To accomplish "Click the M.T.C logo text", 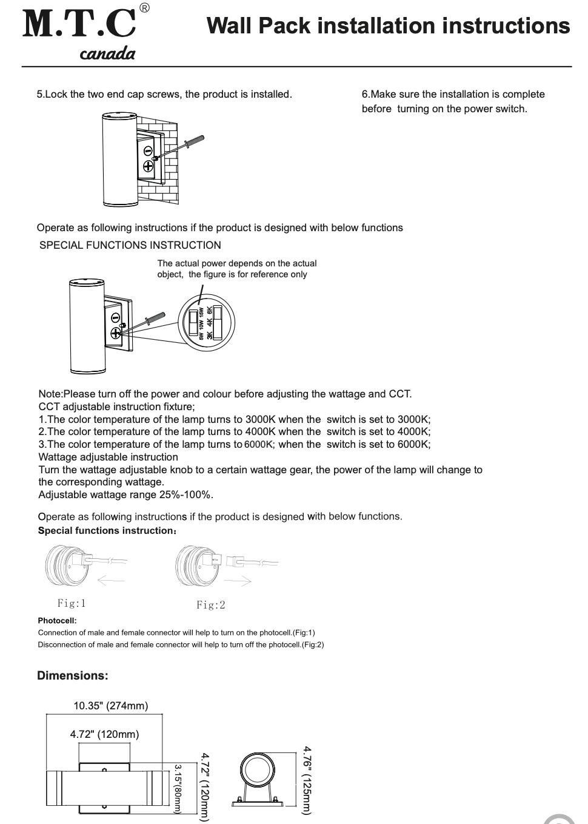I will [x=79, y=24].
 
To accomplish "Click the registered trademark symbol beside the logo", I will [x=144, y=8].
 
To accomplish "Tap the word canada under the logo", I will [x=107, y=54].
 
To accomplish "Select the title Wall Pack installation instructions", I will [x=388, y=26].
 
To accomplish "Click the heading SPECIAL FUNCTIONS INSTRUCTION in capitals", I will [x=130, y=245].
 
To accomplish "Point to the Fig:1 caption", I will [x=72, y=603].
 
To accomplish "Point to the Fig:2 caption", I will [x=211, y=605].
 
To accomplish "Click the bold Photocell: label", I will [x=57, y=621].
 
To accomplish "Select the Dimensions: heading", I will [x=73, y=675].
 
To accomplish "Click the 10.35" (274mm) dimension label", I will [x=111, y=706].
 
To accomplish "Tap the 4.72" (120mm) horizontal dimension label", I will [x=104, y=734].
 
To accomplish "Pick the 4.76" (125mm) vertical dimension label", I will [x=307, y=779].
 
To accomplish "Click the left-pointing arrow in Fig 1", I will [x=110, y=581].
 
